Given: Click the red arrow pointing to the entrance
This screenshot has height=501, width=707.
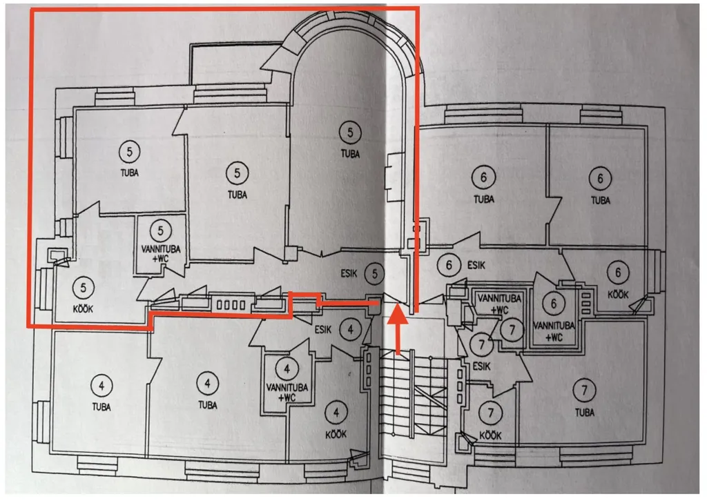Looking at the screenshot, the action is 398,329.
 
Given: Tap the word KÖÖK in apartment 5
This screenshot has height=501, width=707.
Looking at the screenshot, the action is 83,310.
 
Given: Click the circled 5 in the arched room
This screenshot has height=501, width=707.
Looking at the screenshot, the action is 350,132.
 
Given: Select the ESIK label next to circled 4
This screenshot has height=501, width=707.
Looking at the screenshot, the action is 323,330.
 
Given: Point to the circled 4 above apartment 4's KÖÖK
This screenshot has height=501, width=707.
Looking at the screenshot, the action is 336,412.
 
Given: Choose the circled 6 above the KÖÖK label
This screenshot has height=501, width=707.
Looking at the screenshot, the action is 618,272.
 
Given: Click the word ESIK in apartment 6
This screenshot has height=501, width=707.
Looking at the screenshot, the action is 476,265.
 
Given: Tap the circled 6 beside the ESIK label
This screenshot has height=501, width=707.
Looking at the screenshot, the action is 449,265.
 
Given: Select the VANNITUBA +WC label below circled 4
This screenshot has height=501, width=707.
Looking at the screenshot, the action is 287,393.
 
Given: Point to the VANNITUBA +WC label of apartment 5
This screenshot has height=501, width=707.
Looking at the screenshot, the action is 160,254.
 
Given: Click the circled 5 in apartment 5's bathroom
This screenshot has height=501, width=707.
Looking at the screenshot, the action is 161,230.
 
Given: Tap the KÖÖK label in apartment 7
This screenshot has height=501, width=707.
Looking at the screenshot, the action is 490,435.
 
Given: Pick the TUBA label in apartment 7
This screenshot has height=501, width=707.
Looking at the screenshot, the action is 584,412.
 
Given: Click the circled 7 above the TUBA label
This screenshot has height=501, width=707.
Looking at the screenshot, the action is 584,390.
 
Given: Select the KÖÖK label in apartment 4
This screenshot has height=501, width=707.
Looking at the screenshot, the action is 336,434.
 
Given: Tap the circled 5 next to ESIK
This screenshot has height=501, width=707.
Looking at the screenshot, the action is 375,273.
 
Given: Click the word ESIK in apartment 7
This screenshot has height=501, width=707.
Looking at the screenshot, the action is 481,366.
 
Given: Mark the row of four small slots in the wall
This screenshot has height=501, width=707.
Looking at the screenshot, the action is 231,305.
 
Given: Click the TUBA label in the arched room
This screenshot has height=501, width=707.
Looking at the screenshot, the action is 350,154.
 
